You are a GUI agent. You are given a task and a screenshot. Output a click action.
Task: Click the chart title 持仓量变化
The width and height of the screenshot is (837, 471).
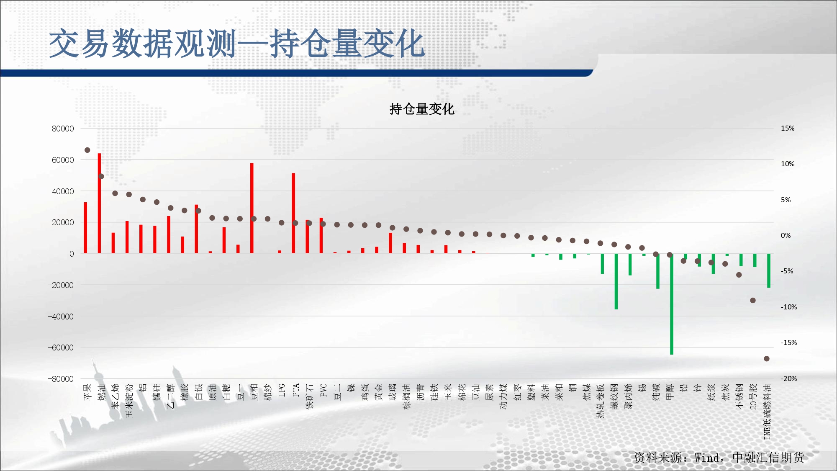[421, 109]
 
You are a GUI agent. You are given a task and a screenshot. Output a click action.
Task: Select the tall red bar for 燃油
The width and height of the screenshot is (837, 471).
[99, 203]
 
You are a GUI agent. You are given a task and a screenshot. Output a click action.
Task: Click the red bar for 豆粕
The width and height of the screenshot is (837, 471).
[252, 208]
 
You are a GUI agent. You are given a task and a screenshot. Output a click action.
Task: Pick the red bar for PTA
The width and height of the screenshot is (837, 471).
[293, 213]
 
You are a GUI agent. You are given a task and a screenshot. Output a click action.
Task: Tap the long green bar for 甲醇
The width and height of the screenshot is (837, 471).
[671, 304]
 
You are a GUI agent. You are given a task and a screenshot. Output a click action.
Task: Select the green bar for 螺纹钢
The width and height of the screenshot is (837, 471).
[616, 281]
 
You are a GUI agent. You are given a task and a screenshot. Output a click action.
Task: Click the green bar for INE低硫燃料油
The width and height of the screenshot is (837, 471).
[768, 270]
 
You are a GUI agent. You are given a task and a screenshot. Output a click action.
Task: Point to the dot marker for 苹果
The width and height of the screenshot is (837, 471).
[87, 150]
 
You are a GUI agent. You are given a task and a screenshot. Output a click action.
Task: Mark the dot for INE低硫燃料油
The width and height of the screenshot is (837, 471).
[766, 359]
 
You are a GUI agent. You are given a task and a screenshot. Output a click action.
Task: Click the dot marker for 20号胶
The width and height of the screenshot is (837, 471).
[752, 300]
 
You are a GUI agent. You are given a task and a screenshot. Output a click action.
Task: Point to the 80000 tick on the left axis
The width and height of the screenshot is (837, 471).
[63, 129]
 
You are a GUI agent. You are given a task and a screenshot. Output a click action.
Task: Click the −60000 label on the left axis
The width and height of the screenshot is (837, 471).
[61, 347]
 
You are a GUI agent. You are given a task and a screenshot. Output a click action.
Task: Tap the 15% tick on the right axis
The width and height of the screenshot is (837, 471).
[787, 128]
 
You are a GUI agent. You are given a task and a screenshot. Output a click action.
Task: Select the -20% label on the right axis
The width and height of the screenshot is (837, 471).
[788, 378]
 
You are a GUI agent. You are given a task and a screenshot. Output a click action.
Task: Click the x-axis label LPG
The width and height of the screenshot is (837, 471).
[282, 390]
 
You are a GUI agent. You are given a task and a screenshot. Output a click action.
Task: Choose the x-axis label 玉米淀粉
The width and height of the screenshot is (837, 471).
[129, 401]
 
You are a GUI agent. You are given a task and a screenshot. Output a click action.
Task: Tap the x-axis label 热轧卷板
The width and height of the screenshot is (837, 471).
[600, 401]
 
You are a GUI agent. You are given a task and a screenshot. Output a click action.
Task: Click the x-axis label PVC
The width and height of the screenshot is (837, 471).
[323, 390]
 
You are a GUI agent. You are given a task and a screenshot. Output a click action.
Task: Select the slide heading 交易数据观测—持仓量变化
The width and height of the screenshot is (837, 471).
[237, 43]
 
